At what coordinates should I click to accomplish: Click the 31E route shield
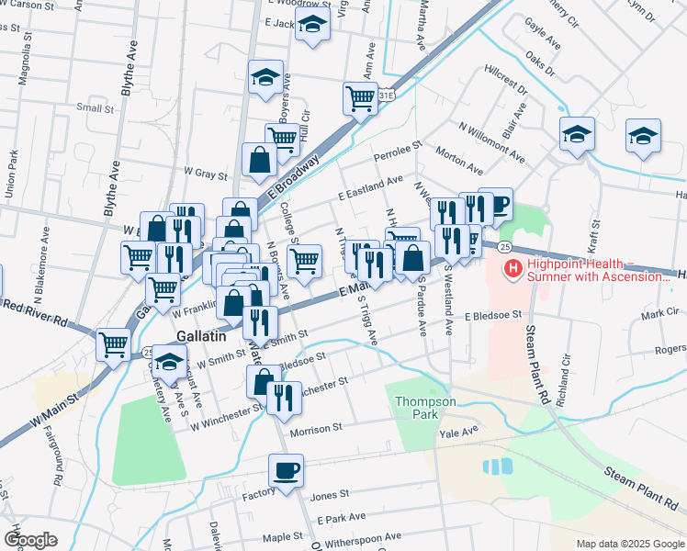(x=389, y=95)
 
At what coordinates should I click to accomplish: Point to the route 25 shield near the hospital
(x=504, y=247)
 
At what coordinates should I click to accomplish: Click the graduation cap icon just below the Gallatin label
(x=169, y=364)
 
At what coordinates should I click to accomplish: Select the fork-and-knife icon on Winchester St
(x=284, y=398)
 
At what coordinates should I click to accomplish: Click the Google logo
(x=30, y=540)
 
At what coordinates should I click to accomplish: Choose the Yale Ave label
(x=459, y=432)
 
